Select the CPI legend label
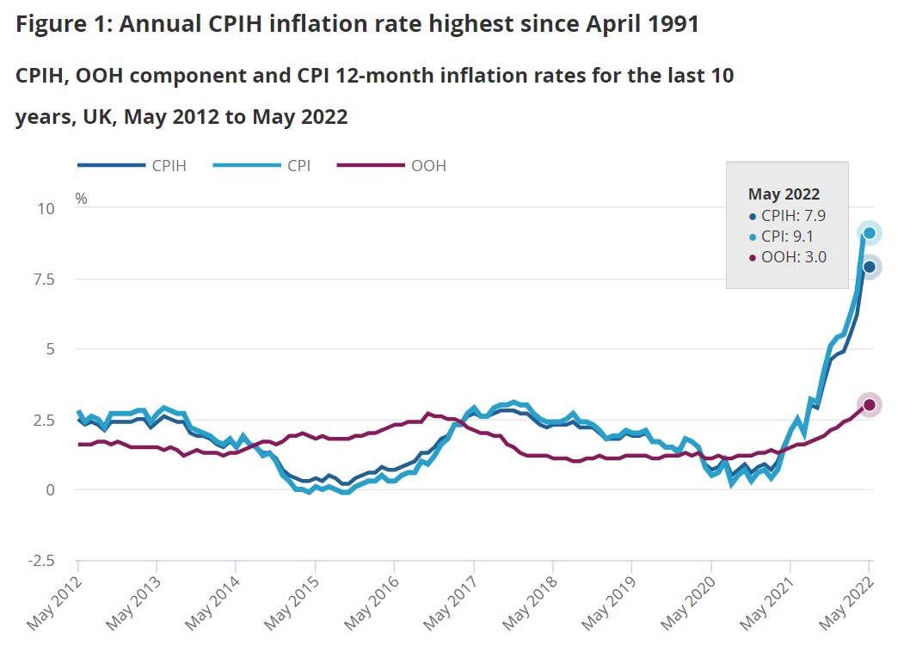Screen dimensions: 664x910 (298, 166)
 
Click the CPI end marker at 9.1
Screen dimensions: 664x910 (870, 233)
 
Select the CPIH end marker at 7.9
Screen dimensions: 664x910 (870, 267)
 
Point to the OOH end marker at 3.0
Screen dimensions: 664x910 (870, 404)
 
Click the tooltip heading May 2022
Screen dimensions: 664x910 (784, 194)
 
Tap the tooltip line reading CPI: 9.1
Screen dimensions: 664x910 (791, 236)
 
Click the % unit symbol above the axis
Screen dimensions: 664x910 (81, 199)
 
